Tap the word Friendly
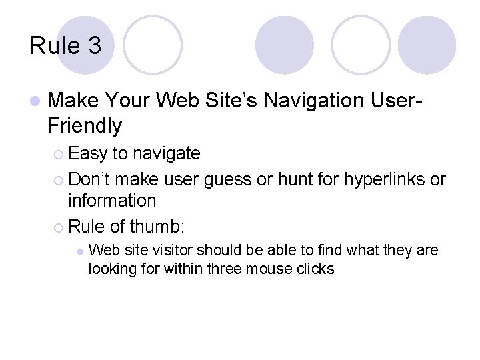[85, 125]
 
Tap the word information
[112, 200]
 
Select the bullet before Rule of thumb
[61, 227]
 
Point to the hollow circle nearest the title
[153, 45]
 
